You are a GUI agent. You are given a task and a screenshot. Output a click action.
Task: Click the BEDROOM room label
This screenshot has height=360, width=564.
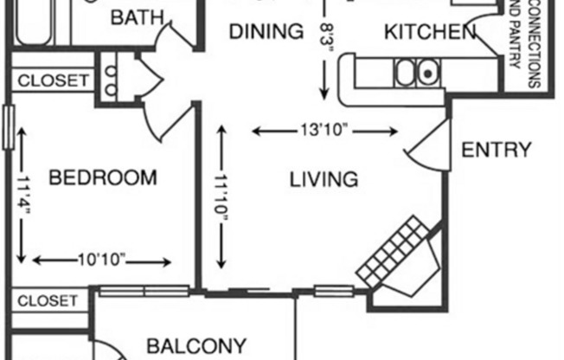click(103, 178)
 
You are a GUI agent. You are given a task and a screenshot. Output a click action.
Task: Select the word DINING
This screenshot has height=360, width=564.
click(266, 33)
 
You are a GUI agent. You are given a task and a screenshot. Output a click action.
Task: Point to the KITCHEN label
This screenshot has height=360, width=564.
click(430, 33)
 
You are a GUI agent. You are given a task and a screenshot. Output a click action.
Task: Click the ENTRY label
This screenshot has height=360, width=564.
click(496, 151)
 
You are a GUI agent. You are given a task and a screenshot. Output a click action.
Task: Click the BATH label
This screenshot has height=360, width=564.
click(136, 16)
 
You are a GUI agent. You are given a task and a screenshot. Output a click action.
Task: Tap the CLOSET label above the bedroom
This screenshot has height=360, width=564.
click(53, 80)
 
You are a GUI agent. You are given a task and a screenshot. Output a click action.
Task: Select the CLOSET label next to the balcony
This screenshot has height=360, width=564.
click(48, 301)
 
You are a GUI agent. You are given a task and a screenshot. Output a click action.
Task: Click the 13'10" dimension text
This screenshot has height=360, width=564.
click(324, 132)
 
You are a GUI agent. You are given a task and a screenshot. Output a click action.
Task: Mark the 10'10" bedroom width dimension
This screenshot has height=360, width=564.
click(101, 260)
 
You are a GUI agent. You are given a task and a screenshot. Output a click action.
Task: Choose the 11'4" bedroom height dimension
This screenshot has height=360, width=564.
click(22, 196)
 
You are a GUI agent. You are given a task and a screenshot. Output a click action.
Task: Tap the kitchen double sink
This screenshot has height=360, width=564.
click(416, 73)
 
